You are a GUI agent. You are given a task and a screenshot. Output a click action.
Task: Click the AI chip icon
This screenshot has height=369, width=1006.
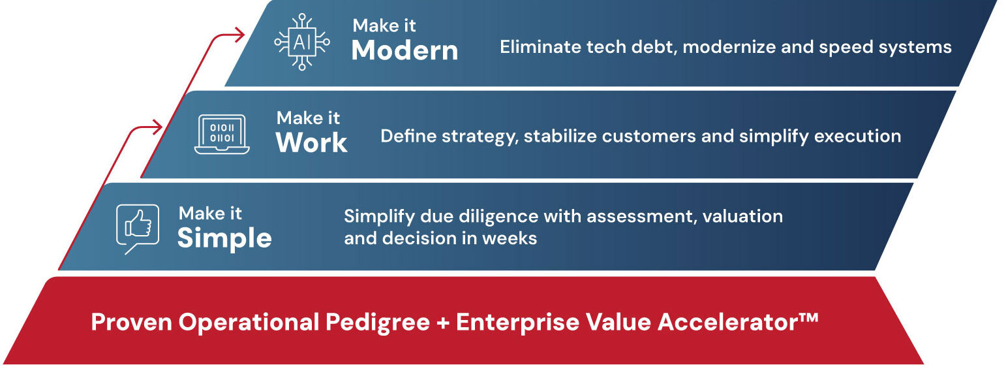click(x=302, y=42)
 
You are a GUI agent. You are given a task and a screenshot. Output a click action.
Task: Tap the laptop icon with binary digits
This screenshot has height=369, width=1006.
click(x=222, y=134)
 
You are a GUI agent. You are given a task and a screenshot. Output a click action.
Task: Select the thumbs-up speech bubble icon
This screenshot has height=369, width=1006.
click(x=138, y=229)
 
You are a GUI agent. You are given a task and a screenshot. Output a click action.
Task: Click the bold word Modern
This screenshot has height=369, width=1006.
click(x=404, y=50)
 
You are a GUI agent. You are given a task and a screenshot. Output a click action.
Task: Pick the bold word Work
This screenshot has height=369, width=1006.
click(x=311, y=143)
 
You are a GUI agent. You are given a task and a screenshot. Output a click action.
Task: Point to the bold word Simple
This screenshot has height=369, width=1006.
click(x=224, y=238)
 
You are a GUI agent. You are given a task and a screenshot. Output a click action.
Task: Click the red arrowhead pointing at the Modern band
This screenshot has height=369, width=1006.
click(x=240, y=35)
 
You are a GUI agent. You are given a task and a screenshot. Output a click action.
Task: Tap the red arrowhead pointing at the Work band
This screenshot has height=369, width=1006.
click(x=157, y=127)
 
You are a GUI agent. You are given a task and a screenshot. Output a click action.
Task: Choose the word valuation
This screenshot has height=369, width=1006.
click(x=742, y=217)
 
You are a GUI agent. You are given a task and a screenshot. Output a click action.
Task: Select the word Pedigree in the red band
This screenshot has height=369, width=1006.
click(x=378, y=323)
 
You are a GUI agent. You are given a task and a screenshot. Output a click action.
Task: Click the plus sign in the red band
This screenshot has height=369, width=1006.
click(x=443, y=323)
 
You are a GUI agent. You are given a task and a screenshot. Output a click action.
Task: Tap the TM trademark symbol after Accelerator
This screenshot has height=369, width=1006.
click(x=808, y=318)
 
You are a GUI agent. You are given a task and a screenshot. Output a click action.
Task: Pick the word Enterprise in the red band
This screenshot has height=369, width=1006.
click(x=517, y=323)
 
